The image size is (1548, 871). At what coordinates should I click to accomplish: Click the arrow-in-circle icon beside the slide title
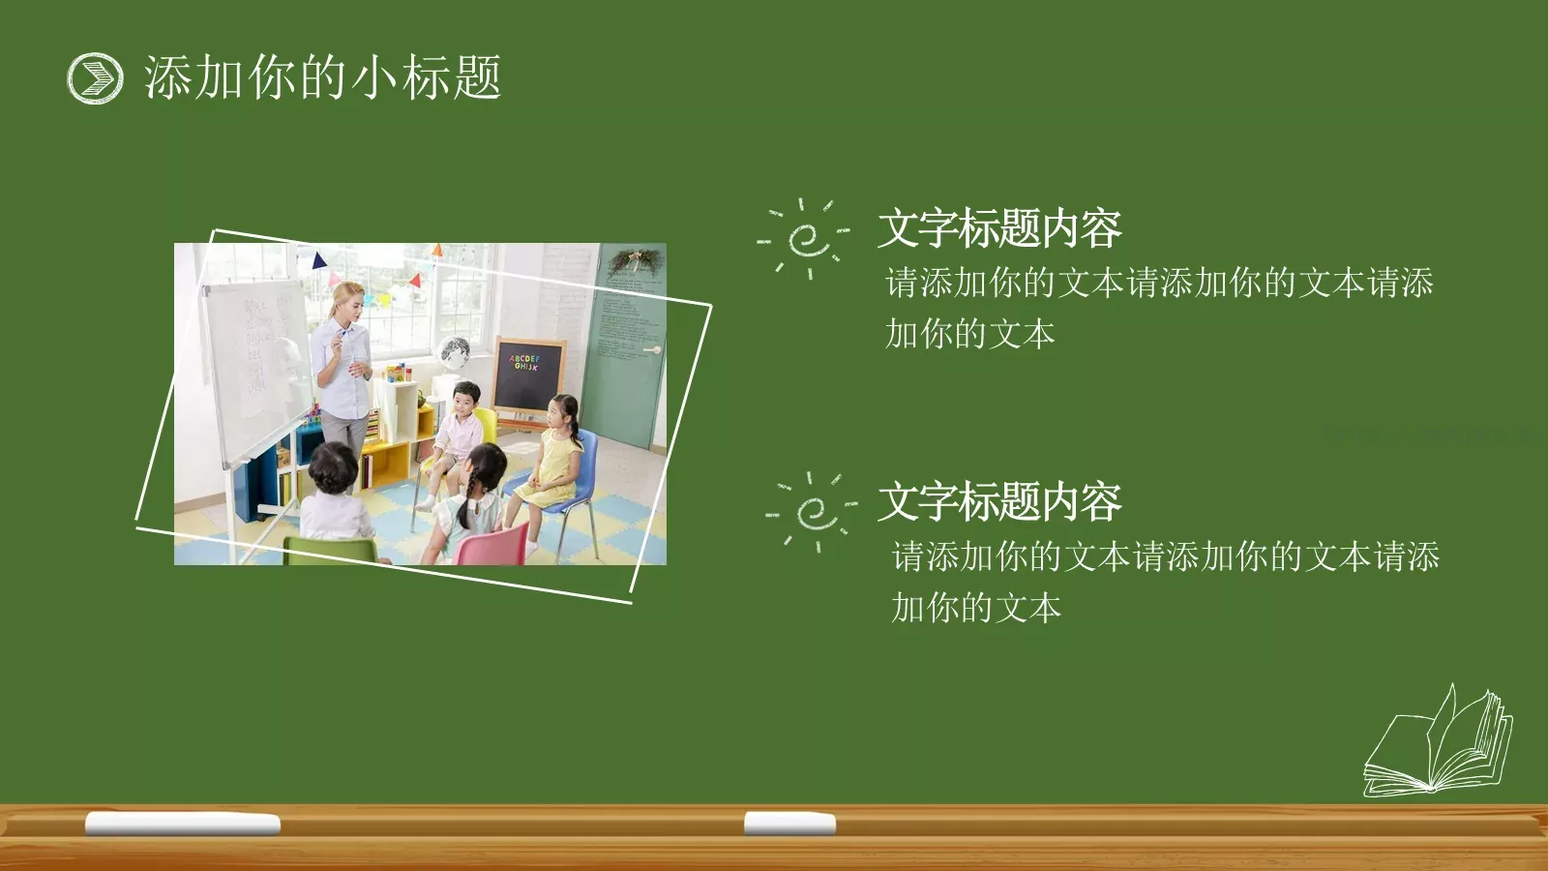pos(95,77)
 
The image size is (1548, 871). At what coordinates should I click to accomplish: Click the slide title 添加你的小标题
pos(322,77)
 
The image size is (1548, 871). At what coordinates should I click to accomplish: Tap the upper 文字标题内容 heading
pos(999,229)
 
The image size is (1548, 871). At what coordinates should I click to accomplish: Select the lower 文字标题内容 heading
pos(999,502)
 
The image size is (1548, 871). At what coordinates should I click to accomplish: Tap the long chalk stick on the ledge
pos(183,824)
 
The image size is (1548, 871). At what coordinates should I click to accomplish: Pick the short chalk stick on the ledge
pos(789,824)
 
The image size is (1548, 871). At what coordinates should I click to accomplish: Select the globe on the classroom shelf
pos(455,350)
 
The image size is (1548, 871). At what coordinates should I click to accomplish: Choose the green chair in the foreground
pos(329,550)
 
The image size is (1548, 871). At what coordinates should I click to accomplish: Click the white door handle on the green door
pos(652,349)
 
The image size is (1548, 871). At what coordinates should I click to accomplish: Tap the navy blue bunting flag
pos(318,259)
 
